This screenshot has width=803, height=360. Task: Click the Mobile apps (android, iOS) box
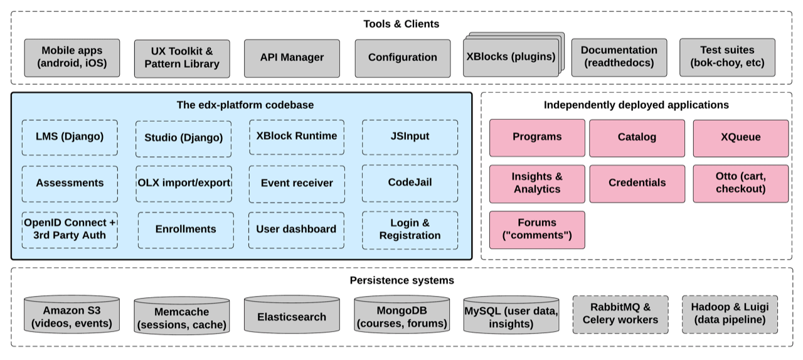click(x=72, y=57)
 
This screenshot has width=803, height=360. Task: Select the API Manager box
click(x=292, y=58)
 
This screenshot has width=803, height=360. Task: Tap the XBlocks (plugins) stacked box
click(x=511, y=56)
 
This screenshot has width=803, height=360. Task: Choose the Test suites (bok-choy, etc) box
click(x=727, y=56)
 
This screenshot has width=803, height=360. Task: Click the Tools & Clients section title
click(x=401, y=24)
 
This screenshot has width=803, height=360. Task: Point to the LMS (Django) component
click(x=70, y=137)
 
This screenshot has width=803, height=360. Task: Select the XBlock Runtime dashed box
click(x=297, y=137)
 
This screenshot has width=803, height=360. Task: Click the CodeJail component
click(x=410, y=183)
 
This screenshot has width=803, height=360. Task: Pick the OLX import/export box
click(x=184, y=183)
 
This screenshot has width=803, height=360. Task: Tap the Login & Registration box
click(x=410, y=229)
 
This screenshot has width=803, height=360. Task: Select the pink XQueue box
click(x=741, y=137)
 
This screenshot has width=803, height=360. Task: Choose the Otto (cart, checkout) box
click(x=741, y=183)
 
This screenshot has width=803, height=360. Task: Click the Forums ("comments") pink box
click(x=537, y=229)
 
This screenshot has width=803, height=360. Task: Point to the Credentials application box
click(x=637, y=183)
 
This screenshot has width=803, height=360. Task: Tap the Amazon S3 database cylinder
click(x=72, y=317)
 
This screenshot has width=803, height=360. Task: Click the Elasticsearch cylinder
click(x=292, y=317)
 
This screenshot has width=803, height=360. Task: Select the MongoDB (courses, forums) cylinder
click(x=401, y=317)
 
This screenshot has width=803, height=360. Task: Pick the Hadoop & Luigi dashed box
click(x=730, y=314)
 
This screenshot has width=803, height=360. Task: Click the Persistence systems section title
click(x=401, y=280)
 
